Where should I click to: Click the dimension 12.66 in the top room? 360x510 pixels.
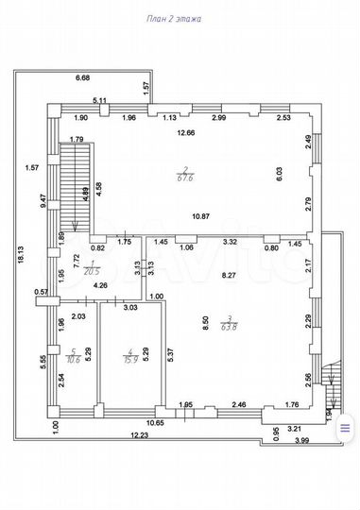coord(185,132)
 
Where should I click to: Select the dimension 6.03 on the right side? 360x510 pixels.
coord(303,174)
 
